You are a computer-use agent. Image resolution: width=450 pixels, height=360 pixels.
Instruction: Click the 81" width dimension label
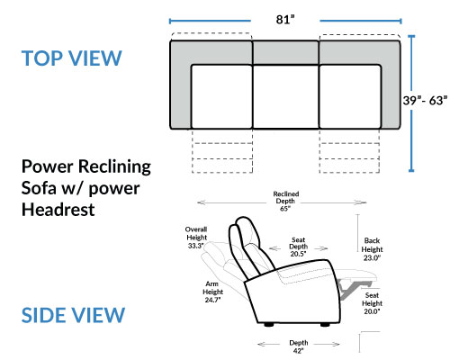[285, 20]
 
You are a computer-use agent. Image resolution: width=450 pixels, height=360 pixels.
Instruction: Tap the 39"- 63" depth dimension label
[425, 101]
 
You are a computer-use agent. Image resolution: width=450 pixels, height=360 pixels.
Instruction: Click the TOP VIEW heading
[71, 58]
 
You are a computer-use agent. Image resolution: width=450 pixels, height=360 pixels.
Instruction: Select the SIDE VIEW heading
[73, 315]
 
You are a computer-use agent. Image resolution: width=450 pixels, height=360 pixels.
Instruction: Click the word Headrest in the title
[58, 210]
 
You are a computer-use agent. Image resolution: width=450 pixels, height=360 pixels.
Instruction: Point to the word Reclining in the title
[114, 167]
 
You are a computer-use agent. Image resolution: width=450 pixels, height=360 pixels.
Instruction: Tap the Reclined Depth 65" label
[286, 201]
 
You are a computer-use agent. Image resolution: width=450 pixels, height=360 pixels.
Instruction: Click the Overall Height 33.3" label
[196, 238]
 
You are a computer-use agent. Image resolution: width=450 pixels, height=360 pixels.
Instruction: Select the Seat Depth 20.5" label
[298, 247]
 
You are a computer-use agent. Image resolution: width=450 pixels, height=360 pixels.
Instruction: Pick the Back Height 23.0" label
[372, 249]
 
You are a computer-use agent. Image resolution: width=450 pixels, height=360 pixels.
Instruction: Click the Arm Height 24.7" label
[212, 292]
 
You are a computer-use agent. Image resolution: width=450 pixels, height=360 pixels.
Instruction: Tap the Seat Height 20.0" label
[372, 303]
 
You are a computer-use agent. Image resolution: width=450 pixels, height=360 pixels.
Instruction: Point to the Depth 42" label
[299, 346]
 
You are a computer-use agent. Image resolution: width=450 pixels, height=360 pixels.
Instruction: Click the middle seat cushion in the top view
[285, 96]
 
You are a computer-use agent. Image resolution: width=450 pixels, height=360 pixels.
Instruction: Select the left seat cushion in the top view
[221, 96]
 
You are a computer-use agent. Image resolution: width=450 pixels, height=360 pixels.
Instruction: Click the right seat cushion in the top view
[350, 96]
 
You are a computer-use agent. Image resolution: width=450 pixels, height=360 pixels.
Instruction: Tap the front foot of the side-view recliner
[325, 324]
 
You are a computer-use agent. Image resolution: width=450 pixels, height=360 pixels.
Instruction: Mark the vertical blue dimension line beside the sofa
[411, 103]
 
